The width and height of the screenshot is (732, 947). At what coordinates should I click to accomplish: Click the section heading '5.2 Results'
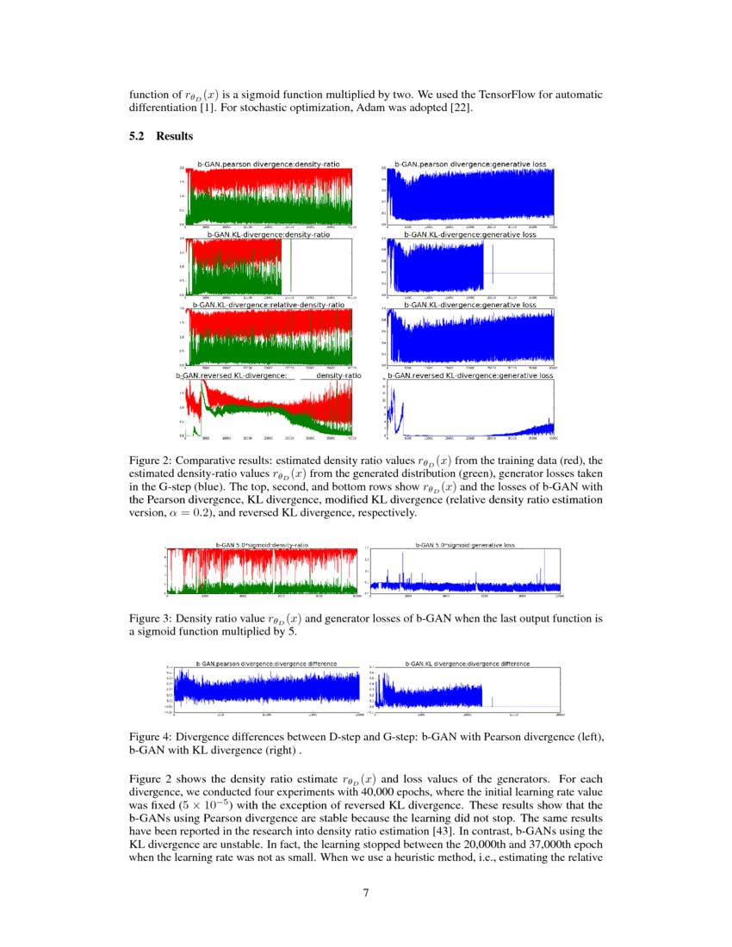[160, 136]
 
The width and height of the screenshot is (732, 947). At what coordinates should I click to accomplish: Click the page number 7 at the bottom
[366, 892]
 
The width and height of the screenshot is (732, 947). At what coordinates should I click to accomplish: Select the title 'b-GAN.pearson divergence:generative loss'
[469, 163]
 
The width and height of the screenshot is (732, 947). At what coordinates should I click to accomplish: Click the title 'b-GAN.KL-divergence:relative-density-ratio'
[268, 305]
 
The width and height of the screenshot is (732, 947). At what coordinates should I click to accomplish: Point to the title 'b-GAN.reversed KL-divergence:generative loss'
[469, 375]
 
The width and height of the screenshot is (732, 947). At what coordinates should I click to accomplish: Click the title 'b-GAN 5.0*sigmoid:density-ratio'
[261, 545]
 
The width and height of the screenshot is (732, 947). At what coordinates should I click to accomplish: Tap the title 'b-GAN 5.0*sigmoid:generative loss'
[465, 545]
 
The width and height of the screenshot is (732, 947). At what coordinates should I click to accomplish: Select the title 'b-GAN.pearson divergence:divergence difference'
[265, 664]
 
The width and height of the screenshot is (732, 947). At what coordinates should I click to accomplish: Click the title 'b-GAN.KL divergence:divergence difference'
[467, 664]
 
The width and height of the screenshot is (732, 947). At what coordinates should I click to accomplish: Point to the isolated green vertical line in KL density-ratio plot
[291, 267]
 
